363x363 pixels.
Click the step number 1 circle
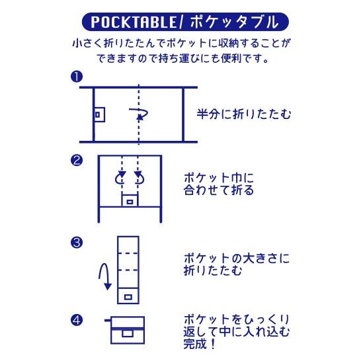pyautogui.click(x=77, y=77)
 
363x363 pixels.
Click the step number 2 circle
pyautogui.click(x=77, y=160)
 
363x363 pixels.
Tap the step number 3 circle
pyautogui.click(x=77, y=243)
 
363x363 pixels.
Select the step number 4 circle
pyautogui.click(x=77, y=321)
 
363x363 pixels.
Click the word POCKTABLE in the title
pyautogui.click(x=134, y=22)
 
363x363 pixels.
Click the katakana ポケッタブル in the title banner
pyautogui.click(x=235, y=22)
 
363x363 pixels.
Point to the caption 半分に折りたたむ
pyautogui.click(x=244, y=114)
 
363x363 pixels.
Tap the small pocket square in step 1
pyautogui.click(x=99, y=114)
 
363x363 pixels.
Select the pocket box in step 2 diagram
pyautogui.click(x=130, y=200)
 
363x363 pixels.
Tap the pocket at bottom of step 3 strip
pyautogui.click(x=128, y=296)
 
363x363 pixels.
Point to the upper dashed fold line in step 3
pyautogui.click(x=128, y=253)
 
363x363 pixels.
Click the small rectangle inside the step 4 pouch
pyautogui.click(x=128, y=333)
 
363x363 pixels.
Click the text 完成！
pyautogui.click(x=200, y=344)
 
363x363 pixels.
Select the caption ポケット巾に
pyautogui.click(x=219, y=178)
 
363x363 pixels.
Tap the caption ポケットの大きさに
pyautogui.click(x=237, y=259)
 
